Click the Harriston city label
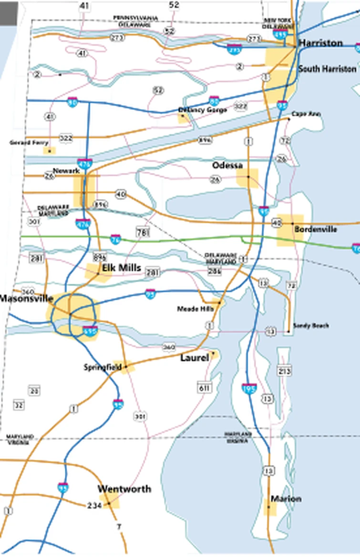tap(320, 43)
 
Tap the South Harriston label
tap(327, 69)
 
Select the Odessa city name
tap(227, 165)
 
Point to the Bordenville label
tap(316, 229)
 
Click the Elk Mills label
tap(122, 268)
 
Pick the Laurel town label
tap(195, 357)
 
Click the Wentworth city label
tap(124, 489)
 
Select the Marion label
tap(286, 499)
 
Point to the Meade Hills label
tap(195, 309)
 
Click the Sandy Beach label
tap(311, 325)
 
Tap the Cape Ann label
tap(306, 114)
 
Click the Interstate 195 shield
tap(249, 388)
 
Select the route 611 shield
tap(204, 388)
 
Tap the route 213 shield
tap(285, 371)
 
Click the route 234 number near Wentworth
tap(94, 505)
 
